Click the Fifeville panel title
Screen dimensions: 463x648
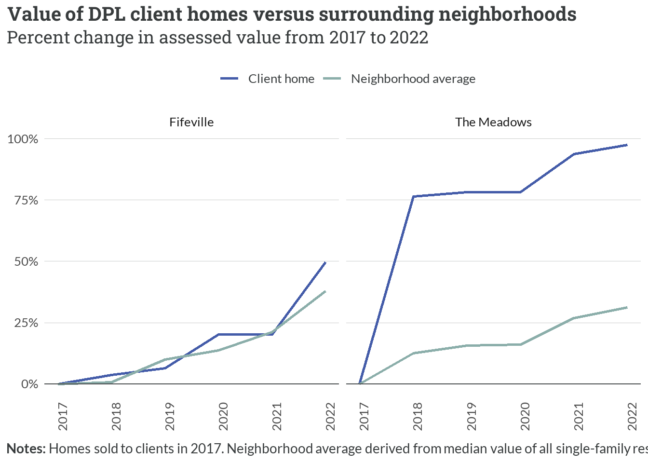coord(191,122)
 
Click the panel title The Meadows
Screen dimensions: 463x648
coord(493,122)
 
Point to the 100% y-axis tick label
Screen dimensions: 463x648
coord(23,139)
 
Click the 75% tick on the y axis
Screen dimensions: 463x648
coord(26,200)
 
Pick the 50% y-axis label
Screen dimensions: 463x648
coord(26,261)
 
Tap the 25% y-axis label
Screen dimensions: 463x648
coord(26,323)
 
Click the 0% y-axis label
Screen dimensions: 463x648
coord(29,384)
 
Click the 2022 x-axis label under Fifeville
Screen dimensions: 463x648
coord(330,417)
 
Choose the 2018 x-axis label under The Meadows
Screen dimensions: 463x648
coord(418,417)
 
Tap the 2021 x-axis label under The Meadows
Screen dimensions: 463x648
coord(579,417)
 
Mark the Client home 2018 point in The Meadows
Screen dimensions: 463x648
coord(414,196)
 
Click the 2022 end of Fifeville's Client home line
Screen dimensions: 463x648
coord(325,262)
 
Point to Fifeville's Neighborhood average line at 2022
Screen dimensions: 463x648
coord(325,291)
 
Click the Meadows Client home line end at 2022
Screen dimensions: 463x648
coord(627,145)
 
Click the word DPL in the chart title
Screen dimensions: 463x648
coord(107,14)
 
